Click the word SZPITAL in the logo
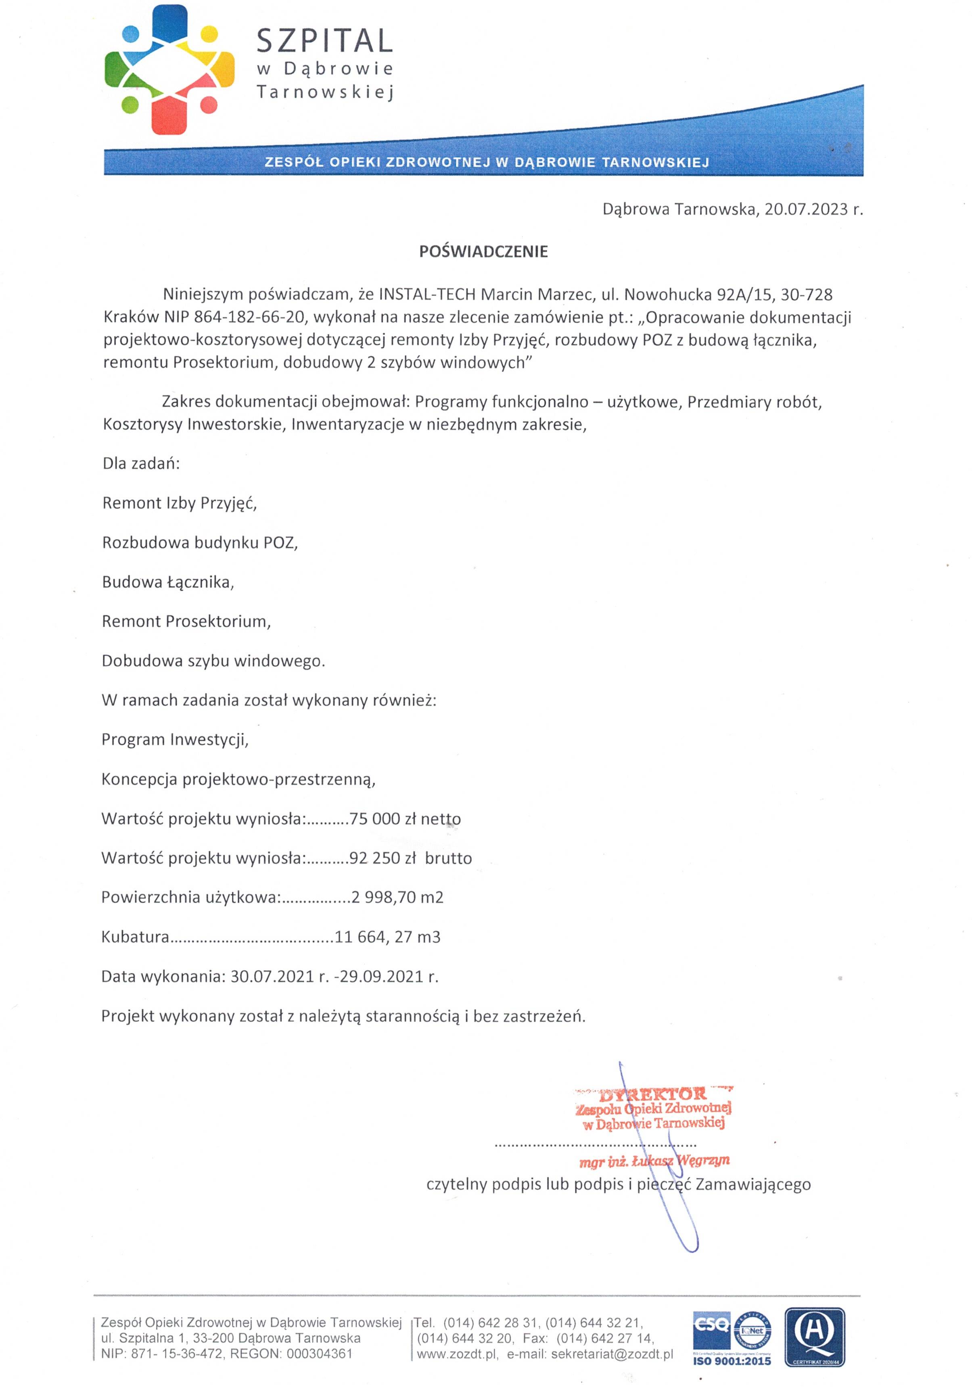[324, 41]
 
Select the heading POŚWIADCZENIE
[483, 252]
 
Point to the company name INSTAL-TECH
[426, 295]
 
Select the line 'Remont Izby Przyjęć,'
[180, 503]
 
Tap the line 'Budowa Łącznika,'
[168, 582]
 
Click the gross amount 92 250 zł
[383, 858]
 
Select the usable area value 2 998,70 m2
[397, 897]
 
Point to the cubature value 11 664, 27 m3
[387, 937]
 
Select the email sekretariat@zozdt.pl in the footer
[612, 1354]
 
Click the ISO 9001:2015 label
[732, 1361]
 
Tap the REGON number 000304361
[320, 1354]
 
